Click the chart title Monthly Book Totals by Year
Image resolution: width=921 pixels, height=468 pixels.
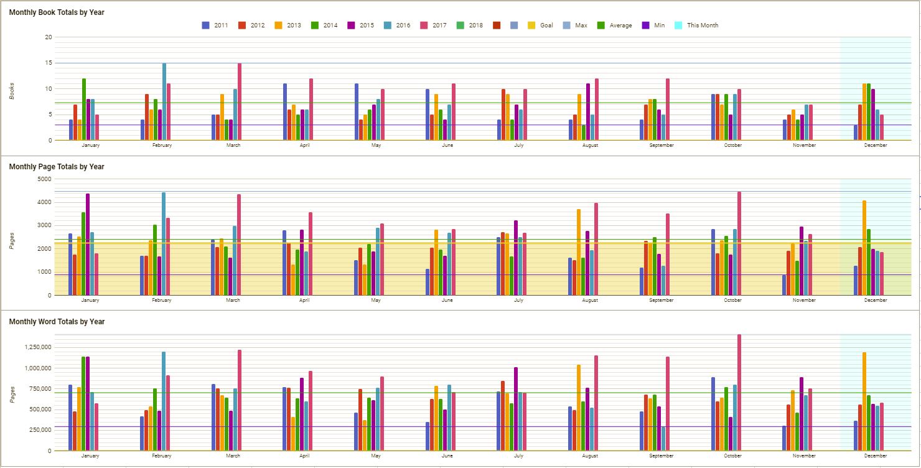pyautogui.click(x=57, y=12)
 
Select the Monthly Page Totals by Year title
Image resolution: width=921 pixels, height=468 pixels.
pyautogui.click(x=57, y=167)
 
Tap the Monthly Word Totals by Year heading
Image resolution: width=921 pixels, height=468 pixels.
pyautogui.click(x=57, y=322)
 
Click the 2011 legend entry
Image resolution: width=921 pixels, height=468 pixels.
pyautogui.click(x=215, y=26)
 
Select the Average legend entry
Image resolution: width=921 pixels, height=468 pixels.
pyautogui.click(x=614, y=26)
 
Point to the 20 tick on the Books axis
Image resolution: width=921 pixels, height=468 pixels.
pyautogui.click(x=49, y=37)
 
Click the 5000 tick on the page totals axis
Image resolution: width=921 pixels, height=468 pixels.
pyautogui.click(x=44, y=179)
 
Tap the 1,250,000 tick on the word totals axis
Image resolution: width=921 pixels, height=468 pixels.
pyautogui.click(x=37, y=347)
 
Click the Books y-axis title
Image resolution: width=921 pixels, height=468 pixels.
pyautogui.click(x=12, y=89)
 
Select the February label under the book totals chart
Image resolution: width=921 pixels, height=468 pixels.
pyautogui.click(x=162, y=146)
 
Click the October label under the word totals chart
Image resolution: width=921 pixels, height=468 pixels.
pyautogui.click(x=733, y=456)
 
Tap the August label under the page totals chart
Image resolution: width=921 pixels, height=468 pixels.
pyautogui.click(x=590, y=301)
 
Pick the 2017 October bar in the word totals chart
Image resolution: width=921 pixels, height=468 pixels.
pyautogui.click(x=739, y=392)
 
